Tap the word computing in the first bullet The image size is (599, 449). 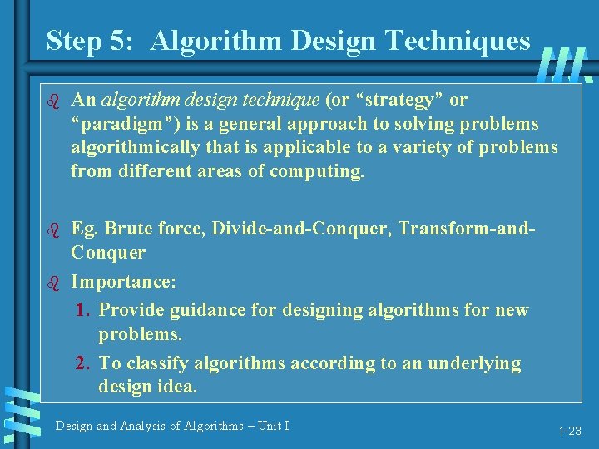320,172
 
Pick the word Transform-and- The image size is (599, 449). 468,229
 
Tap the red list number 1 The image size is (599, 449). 82,310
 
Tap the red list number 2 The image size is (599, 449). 82,363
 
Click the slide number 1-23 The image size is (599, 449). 570,431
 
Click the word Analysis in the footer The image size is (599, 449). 146,426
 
